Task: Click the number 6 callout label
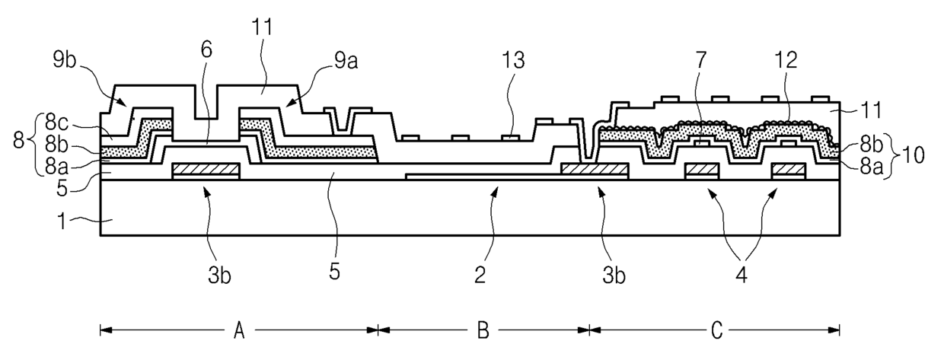[207, 49]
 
